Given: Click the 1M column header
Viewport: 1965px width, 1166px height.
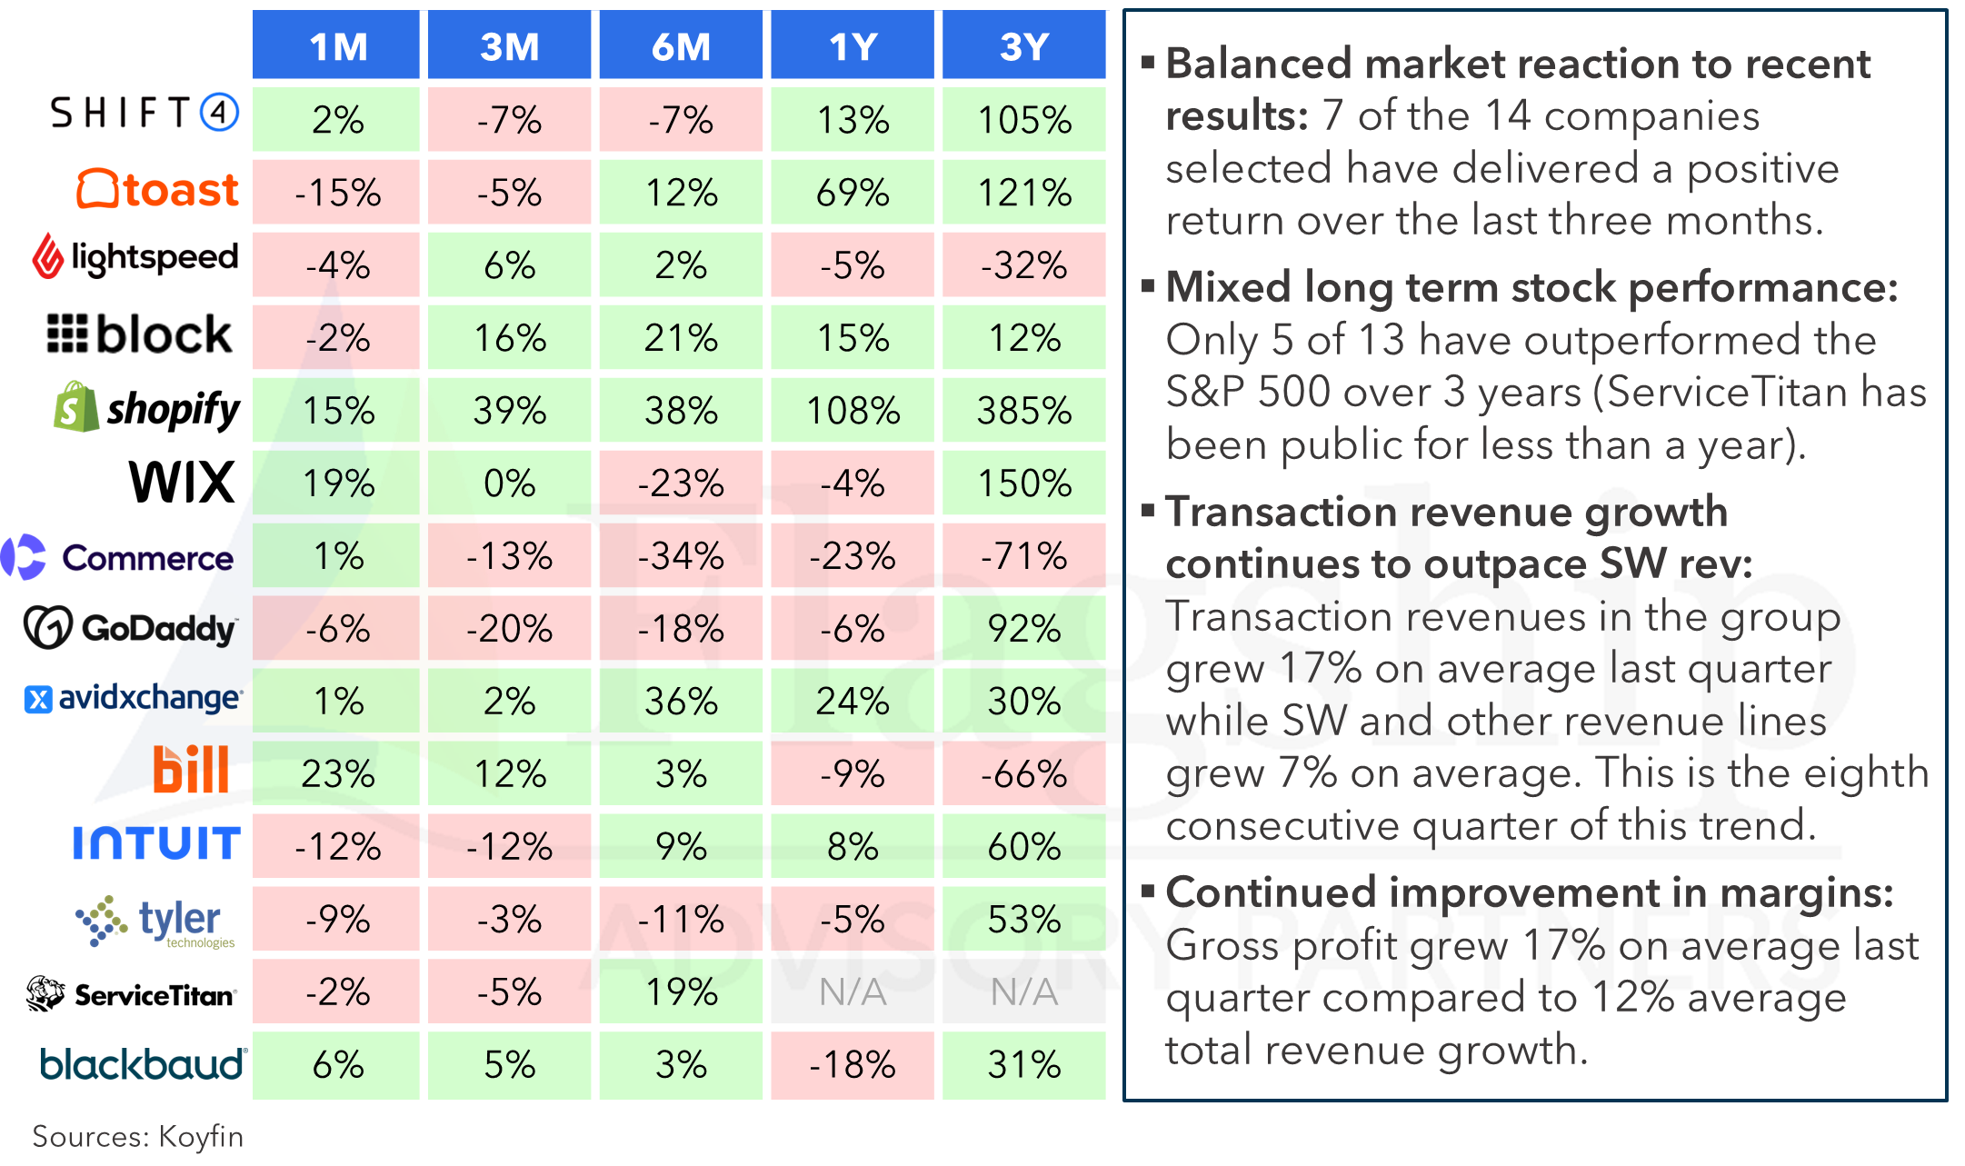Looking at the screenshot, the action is point(336,45).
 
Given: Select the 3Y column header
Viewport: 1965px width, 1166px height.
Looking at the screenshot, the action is point(1024,45).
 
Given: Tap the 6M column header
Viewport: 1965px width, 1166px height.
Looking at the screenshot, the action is point(681,45).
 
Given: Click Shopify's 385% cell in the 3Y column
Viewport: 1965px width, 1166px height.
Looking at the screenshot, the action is point(1024,411).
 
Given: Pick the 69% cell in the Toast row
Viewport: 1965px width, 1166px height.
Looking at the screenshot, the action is point(853,193).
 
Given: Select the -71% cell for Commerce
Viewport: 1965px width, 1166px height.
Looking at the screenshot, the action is point(1024,556).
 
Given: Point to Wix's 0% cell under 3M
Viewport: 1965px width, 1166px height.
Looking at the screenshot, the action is point(509,483).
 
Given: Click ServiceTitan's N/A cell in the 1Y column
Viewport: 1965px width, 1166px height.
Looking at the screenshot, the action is point(853,992).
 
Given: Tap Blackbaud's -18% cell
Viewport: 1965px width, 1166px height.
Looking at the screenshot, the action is point(853,1065).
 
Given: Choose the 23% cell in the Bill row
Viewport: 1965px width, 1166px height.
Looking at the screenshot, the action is point(336,774).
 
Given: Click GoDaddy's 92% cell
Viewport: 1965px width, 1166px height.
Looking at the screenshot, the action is point(1024,629).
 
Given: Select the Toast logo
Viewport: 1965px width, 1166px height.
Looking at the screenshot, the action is point(157,189).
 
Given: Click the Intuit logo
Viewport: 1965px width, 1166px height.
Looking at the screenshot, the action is point(156,843).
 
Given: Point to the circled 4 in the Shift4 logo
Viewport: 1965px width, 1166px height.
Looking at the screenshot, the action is point(219,113).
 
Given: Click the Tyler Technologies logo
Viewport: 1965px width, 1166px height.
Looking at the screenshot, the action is point(155,922).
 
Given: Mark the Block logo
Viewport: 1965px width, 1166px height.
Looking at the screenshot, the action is point(139,334).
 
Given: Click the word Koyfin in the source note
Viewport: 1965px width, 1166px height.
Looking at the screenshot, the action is point(201,1137).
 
